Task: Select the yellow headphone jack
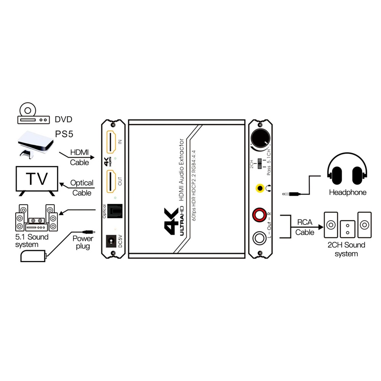[260, 188]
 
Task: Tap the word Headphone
[347, 192]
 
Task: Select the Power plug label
[83, 242]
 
